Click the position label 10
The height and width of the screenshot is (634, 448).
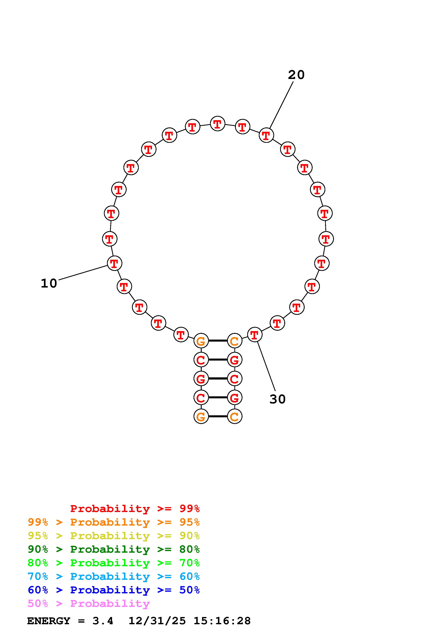(49, 283)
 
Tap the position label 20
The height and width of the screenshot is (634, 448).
(296, 75)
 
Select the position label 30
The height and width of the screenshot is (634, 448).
(277, 399)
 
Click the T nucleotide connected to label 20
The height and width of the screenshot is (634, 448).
(266, 135)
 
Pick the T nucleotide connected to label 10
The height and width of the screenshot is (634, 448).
(114, 263)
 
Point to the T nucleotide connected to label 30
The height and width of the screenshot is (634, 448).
(254, 335)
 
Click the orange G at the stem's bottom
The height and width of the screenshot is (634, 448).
(201, 416)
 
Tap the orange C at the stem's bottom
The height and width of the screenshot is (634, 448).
(234, 416)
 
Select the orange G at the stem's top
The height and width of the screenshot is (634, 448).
(201, 341)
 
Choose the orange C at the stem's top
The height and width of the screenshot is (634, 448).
(234, 341)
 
